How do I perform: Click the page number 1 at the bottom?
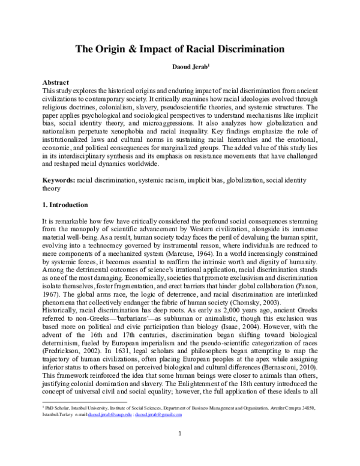pos(179,450)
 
